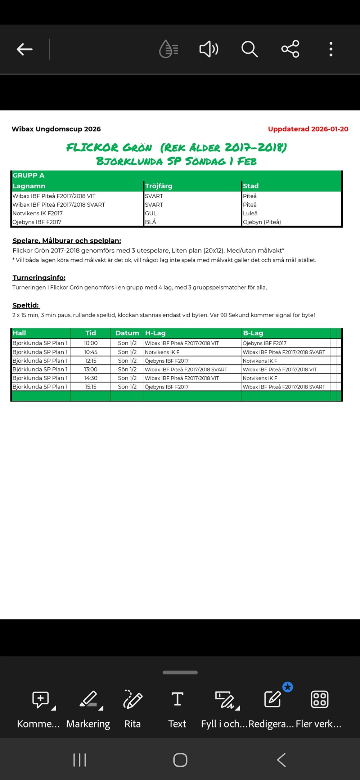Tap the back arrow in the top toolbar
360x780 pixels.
coord(24,49)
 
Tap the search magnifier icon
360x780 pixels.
coord(249,49)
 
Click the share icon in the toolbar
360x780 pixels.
coord(290,49)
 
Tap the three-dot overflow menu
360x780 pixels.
coord(331,49)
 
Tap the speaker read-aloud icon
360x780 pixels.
coord(209,49)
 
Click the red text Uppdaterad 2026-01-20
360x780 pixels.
coord(308,129)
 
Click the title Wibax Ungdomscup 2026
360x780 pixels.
coord(56,129)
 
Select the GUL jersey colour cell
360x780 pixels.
coord(151,213)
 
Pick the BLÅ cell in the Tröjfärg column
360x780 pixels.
coord(150,222)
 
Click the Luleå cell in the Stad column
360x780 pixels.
coord(250,213)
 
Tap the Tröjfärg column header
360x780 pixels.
coord(159,186)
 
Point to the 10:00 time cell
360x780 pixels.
coord(91,343)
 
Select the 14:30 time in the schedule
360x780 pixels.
coord(91,378)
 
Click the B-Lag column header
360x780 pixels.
coord(253,333)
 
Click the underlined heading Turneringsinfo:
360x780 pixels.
coord(39,278)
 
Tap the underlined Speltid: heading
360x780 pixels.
coord(26,305)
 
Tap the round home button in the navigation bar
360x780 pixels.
coord(180,760)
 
